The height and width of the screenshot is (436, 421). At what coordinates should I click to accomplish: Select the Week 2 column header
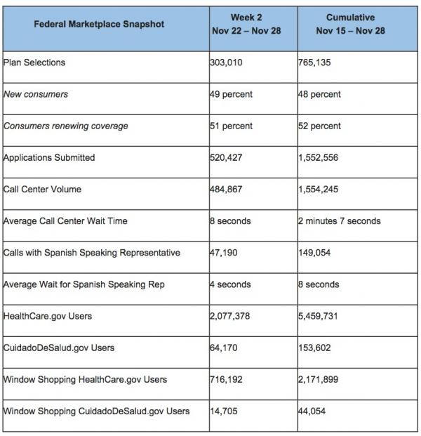tap(253, 24)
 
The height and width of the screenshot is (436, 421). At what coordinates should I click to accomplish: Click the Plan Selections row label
tap(34, 62)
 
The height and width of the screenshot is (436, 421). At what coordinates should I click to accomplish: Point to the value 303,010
tap(227, 62)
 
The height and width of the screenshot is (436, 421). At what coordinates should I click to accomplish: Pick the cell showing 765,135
tap(315, 62)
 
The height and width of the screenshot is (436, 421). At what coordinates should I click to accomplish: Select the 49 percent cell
tap(231, 94)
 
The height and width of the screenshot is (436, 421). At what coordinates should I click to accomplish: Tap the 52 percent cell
tap(319, 126)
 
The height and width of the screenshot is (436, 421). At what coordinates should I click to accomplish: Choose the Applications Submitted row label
tap(49, 157)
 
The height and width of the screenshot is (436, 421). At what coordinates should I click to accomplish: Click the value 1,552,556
tap(318, 157)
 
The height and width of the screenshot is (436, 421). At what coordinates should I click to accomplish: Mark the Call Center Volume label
tap(42, 190)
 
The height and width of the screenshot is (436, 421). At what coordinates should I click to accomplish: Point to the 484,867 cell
tap(227, 190)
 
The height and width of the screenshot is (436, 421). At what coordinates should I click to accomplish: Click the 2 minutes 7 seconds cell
tap(339, 221)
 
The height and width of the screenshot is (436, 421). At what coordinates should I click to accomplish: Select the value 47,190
tap(225, 253)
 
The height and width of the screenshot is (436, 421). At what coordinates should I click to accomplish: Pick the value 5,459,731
tap(318, 316)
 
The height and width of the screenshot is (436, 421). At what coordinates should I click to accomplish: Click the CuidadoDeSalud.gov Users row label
tap(58, 348)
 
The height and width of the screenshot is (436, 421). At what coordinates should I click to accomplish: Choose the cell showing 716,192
tap(227, 379)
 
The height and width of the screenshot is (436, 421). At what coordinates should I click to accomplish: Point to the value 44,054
tap(313, 411)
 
